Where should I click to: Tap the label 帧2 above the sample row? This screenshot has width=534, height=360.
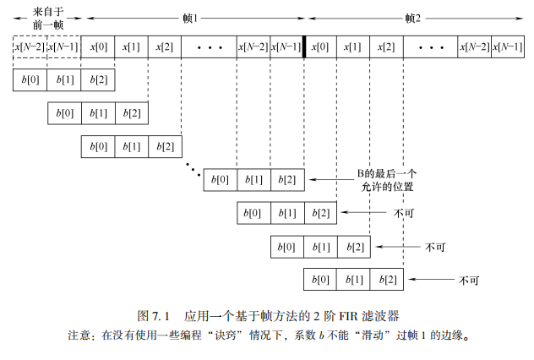(412, 18)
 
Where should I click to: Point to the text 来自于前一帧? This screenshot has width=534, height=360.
(47, 19)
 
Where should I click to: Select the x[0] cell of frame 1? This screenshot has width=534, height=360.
(97, 46)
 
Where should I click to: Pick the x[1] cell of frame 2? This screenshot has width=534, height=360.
(353, 46)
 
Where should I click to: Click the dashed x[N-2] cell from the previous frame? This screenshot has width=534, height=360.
(30, 46)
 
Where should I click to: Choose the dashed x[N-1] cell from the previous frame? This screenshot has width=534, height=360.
(63, 46)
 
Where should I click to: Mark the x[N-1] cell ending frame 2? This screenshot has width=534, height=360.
(506, 46)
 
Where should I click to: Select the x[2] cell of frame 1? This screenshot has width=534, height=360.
(164, 46)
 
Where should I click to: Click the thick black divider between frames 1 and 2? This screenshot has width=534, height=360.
(304, 46)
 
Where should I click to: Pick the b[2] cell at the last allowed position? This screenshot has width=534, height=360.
(287, 179)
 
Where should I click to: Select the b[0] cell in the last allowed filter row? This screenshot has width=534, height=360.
(220, 179)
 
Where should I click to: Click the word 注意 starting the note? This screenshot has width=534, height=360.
(79, 335)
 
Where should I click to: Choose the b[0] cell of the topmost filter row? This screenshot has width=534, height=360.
(30, 80)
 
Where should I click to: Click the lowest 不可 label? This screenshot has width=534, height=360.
(471, 279)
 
